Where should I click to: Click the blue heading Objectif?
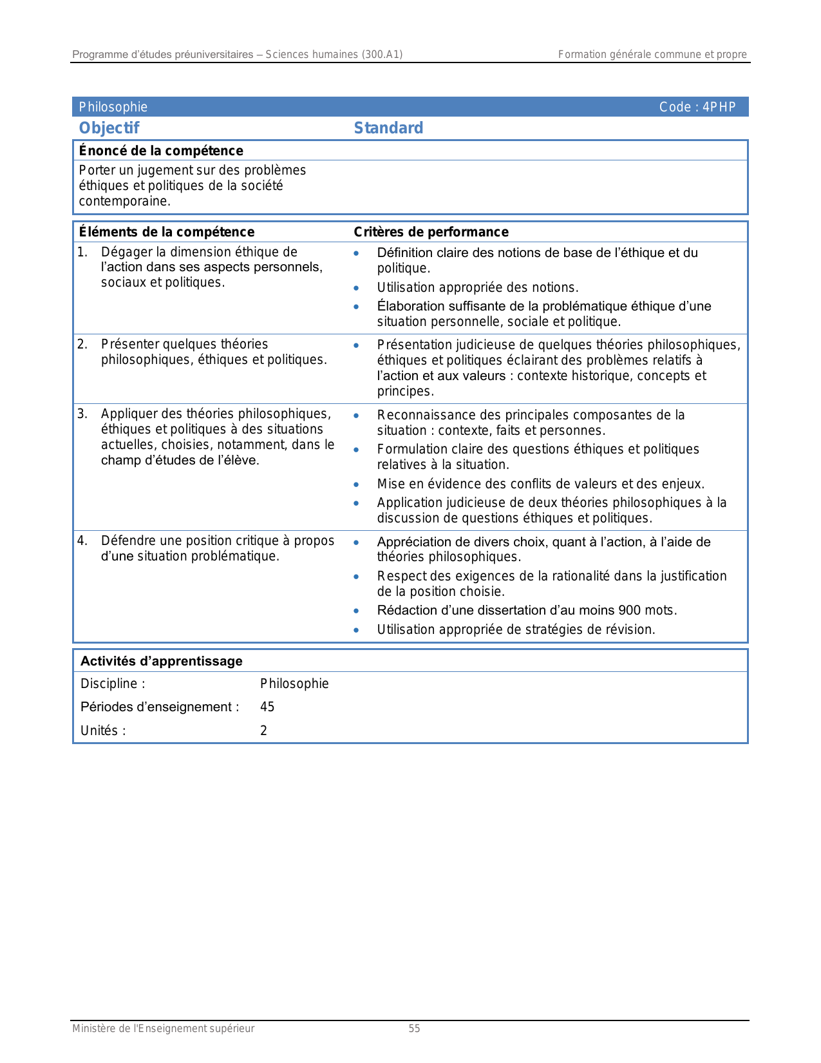tap(109, 128)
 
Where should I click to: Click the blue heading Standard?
tap(388, 128)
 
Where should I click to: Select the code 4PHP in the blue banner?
tap(719, 107)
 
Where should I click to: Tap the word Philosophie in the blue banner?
tap(113, 107)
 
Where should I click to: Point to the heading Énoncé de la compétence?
tap(161, 151)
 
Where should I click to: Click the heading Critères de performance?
tap(431, 232)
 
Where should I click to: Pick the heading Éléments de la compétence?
tap(166, 232)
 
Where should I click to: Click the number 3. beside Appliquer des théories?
tap(82, 414)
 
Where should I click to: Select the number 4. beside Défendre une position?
tap(82, 541)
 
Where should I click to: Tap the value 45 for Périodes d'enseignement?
tap(267, 707)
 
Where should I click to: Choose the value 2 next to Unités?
tap(263, 731)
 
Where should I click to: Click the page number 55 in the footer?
tap(414, 1029)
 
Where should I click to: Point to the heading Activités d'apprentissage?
tap(161, 661)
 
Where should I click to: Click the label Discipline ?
tap(113, 684)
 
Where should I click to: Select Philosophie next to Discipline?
tap(294, 684)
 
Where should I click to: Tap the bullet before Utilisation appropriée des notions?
tap(356, 288)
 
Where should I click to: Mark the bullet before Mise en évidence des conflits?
tap(356, 484)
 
